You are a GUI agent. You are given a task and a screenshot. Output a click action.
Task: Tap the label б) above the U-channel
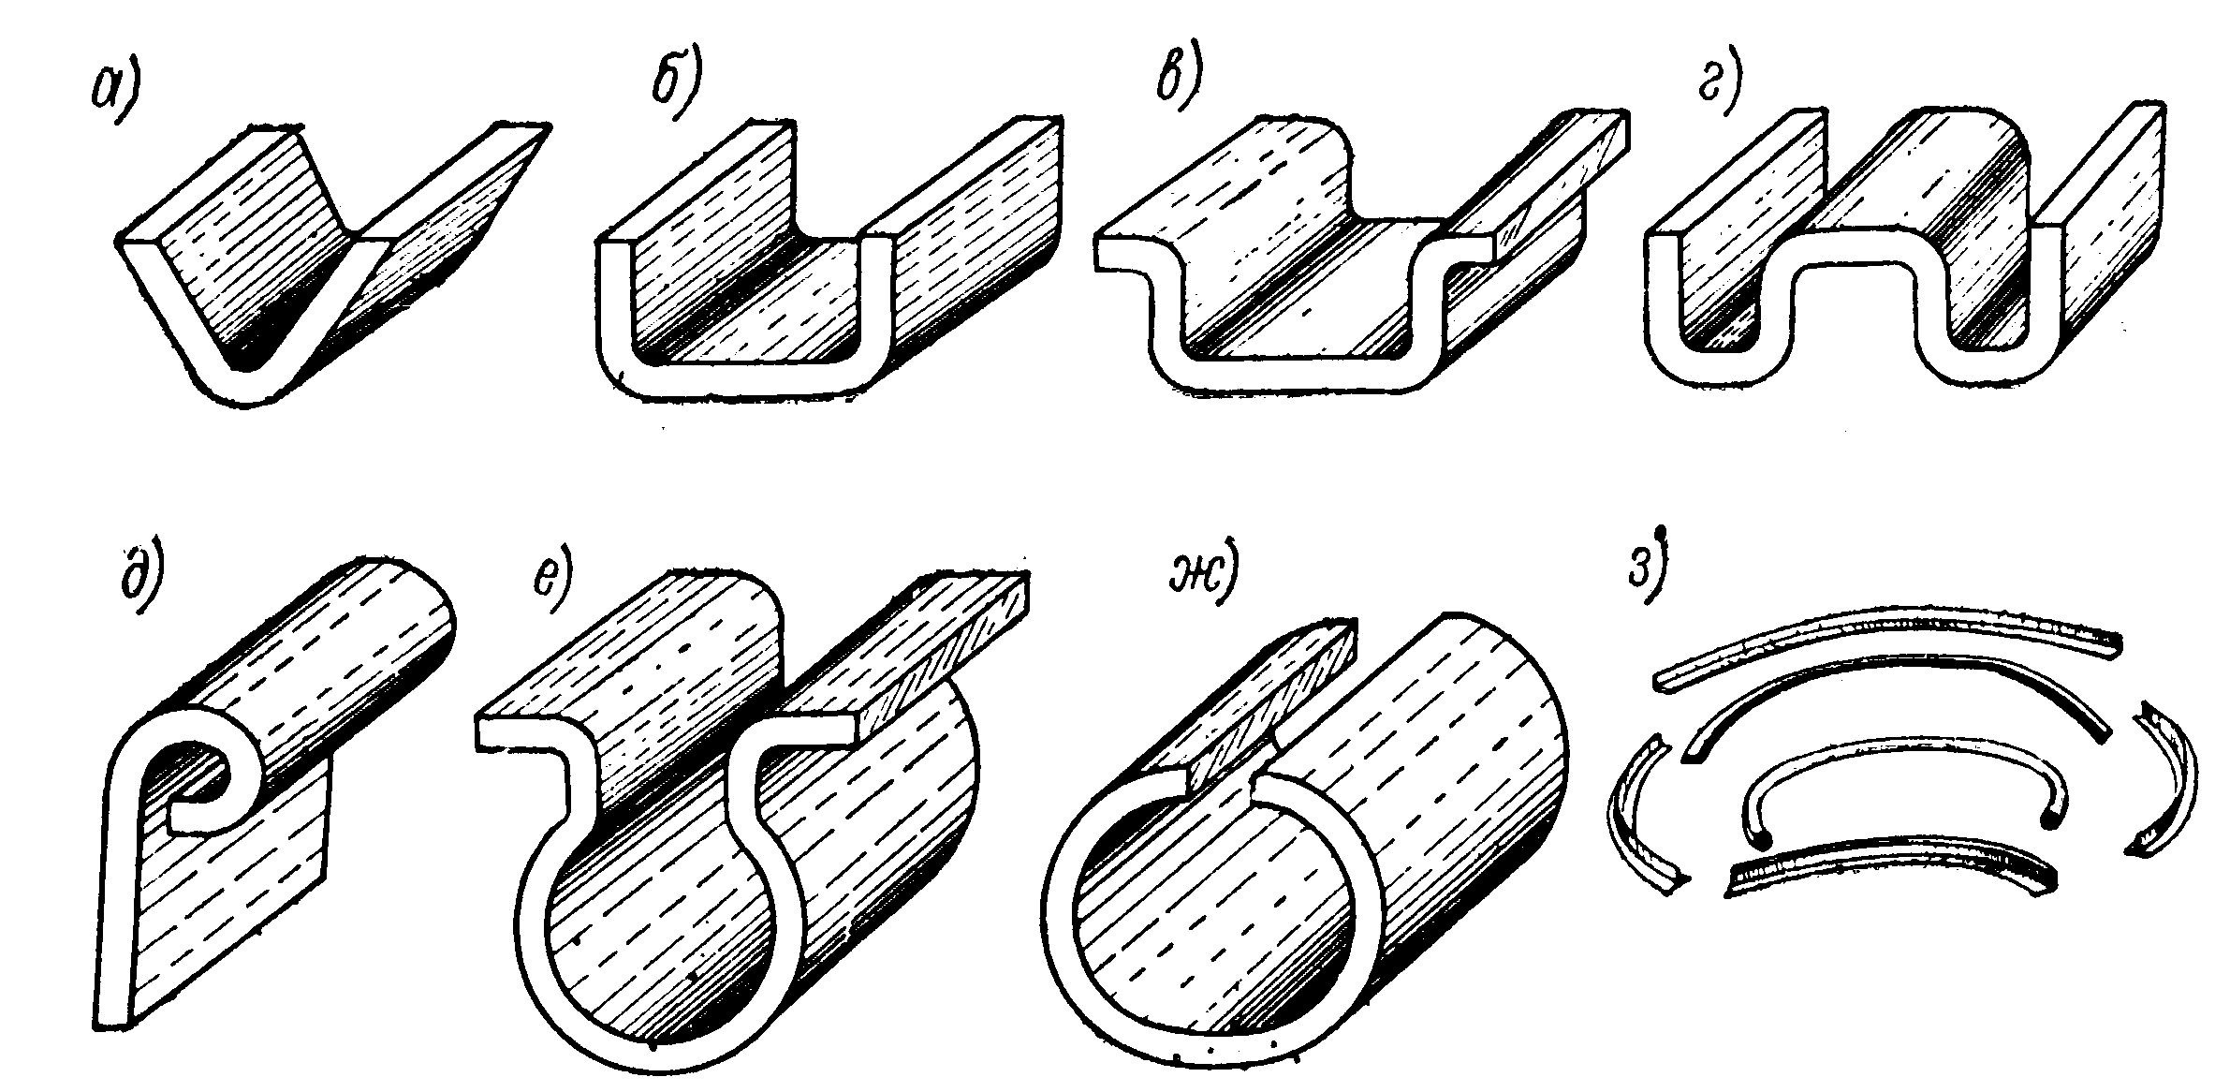coord(677,89)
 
